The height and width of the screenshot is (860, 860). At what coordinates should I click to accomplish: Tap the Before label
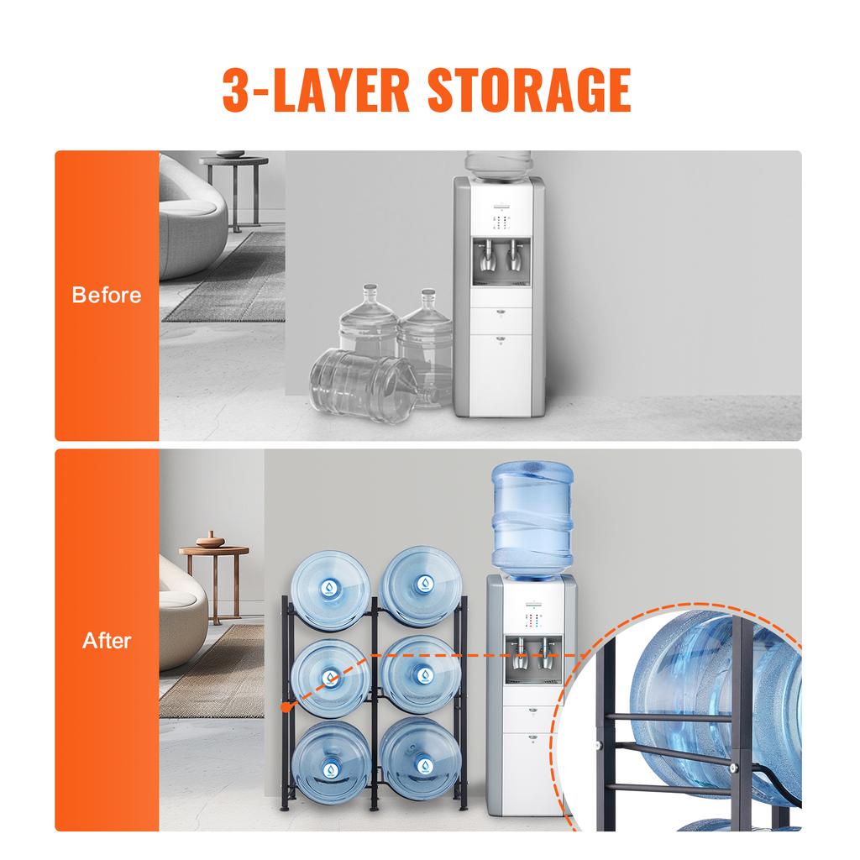(107, 295)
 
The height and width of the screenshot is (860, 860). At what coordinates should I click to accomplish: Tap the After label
(107, 641)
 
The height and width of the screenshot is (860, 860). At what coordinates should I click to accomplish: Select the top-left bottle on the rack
(329, 588)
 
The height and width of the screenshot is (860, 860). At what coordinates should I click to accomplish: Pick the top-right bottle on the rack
(420, 586)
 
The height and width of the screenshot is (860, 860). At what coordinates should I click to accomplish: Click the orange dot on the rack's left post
(286, 707)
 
